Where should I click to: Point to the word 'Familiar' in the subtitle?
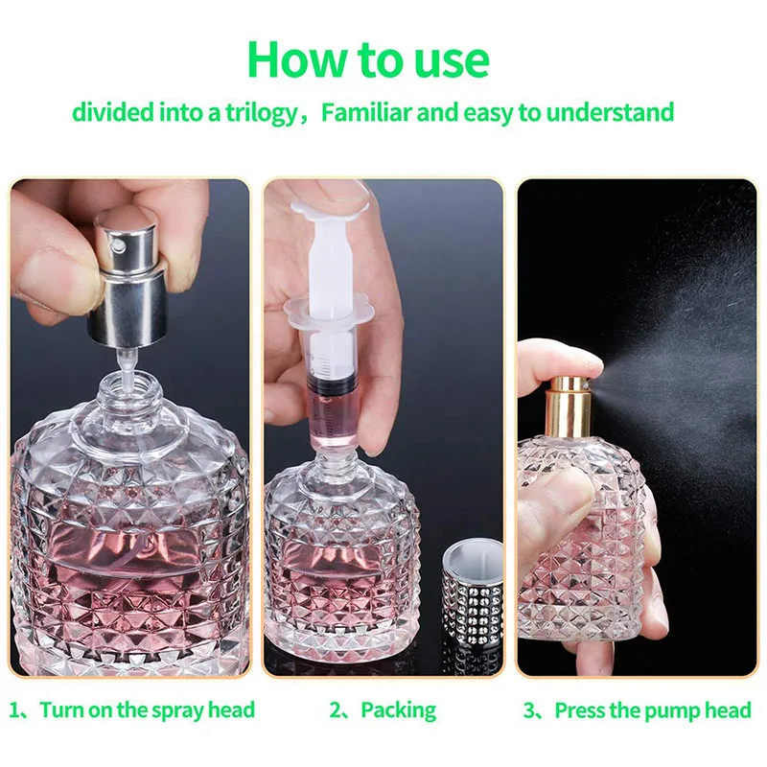(365, 112)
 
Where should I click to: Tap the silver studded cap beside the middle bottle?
(476, 604)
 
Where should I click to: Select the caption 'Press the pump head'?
(652, 710)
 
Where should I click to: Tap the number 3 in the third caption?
(528, 710)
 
